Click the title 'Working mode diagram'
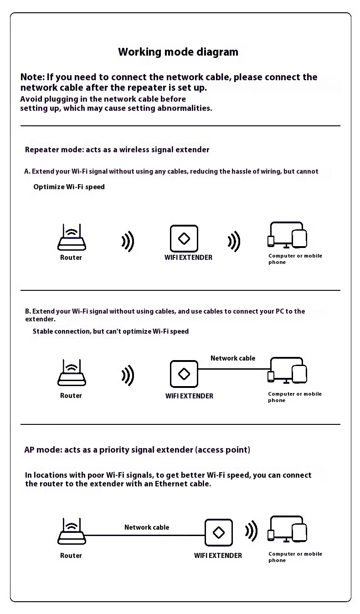coord(178,52)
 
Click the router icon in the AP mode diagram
coord(72,531)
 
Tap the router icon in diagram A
coord(72,237)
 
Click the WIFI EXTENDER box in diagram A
coord(184,238)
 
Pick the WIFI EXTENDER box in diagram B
coord(184,374)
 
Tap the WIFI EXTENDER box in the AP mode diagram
coord(218,532)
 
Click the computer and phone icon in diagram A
coord(287,235)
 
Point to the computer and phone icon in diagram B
coord(287,371)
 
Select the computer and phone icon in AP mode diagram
coord(287,529)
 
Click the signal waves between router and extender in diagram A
coord(128,241)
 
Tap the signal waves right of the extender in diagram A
coord(234,241)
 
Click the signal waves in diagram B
coord(128,376)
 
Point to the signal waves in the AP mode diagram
coord(251,531)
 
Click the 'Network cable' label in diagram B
coord(233,358)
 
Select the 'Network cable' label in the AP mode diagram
coord(147,527)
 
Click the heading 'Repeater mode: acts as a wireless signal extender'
coord(117,150)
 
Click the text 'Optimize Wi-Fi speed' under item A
coord(69,187)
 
